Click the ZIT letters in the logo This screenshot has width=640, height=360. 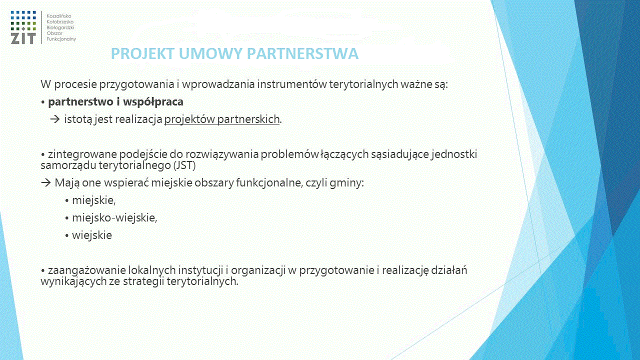[23, 38]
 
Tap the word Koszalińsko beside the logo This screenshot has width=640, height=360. [59, 16]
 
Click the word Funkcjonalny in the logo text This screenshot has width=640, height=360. [61, 39]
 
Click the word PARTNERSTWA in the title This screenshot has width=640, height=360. [302, 53]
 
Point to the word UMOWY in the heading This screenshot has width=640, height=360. [211, 53]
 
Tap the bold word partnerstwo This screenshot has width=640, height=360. [80, 102]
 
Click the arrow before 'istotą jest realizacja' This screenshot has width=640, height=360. [55, 119]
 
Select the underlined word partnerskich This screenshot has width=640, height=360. [248, 119]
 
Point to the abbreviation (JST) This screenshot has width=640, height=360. [184, 165]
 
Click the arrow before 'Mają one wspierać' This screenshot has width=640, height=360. [45, 182]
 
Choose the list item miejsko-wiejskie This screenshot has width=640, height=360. [114, 218]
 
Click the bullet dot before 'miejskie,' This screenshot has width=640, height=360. [67, 201]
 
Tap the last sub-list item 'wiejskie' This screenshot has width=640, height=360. [92, 235]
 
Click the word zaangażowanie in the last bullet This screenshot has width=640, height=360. [86, 270]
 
